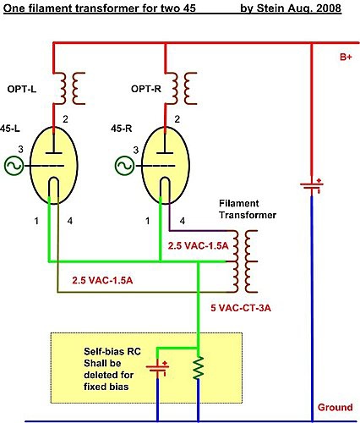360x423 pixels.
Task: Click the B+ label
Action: (x=346, y=57)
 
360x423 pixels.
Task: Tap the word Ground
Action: (x=335, y=407)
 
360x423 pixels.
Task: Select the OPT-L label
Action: (x=22, y=90)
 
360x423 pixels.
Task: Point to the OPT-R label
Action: (x=146, y=89)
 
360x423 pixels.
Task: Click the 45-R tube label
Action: (x=121, y=129)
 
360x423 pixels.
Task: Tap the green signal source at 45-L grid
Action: (x=14, y=166)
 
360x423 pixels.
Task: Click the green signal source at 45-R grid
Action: (x=124, y=166)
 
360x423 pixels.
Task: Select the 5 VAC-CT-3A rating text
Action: (x=241, y=308)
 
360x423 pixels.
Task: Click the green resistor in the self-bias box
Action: (x=199, y=368)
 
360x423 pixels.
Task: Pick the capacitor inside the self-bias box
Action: (x=158, y=369)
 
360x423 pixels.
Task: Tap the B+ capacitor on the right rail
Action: (x=312, y=186)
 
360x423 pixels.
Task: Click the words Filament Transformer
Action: (x=248, y=209)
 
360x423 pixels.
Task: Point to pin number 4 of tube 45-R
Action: (x=183, y=221)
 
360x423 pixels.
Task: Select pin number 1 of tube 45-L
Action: (x=36, y=221)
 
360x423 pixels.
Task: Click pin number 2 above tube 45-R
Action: (x=177, y=119)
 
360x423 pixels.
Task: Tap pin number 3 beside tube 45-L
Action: (x=21, y=150)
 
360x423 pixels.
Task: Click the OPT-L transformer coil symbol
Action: (x=69, y=88)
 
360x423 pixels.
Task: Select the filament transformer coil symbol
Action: (x=244, y=261)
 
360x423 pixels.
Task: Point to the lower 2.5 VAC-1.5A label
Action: (x=102, y=280)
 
